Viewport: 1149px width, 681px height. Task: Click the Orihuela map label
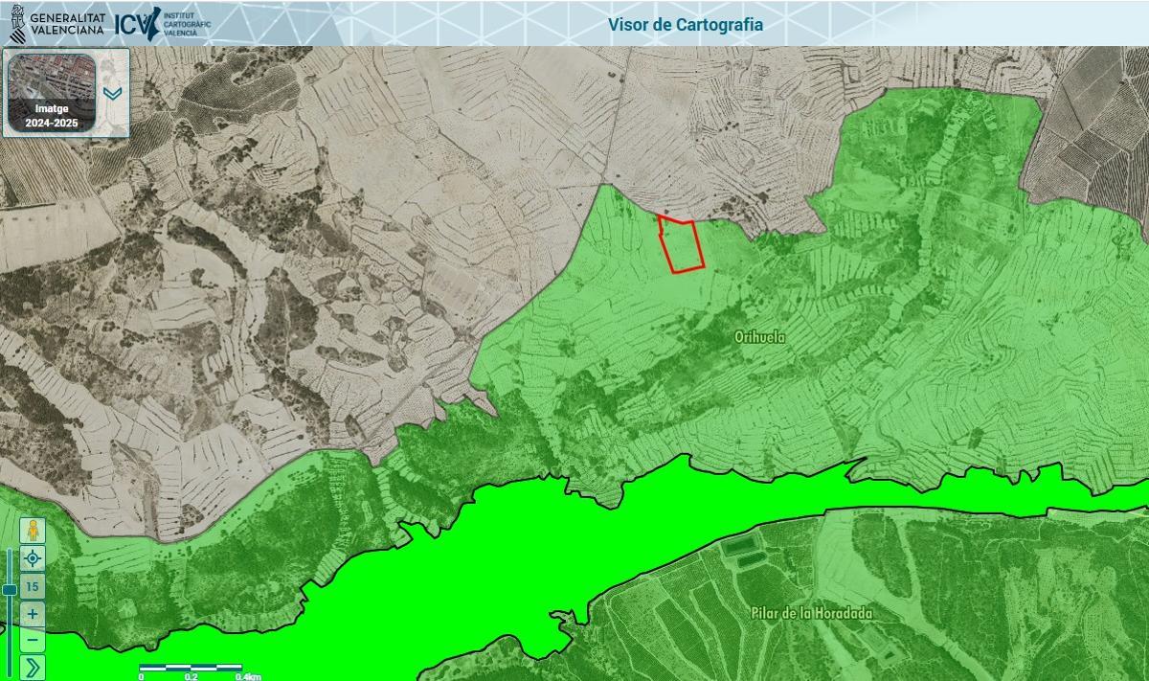tap(759, 337)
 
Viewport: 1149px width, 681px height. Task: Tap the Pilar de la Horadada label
tap(811, 613)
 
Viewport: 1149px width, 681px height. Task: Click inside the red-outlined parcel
tap(682, 246)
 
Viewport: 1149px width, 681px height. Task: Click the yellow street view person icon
tap(33, 531)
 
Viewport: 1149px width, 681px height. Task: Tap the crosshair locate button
tap(33, 558)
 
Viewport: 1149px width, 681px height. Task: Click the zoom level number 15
tap(33, 586)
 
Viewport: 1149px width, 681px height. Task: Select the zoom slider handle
tap(9, 590)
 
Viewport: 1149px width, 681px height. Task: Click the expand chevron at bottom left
tap(33, 667)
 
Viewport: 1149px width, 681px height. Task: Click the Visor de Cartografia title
tap(686, 24)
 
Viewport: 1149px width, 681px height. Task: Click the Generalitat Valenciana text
tap(67, 24)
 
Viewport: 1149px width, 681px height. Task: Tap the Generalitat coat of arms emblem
tap(17, 23)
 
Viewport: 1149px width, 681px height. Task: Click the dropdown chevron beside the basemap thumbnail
tap(112, 94)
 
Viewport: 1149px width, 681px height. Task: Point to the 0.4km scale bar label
tap(247, 676)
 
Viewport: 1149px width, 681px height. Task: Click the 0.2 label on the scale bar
tap(191, 676)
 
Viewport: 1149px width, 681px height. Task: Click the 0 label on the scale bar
tap(141, 676)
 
